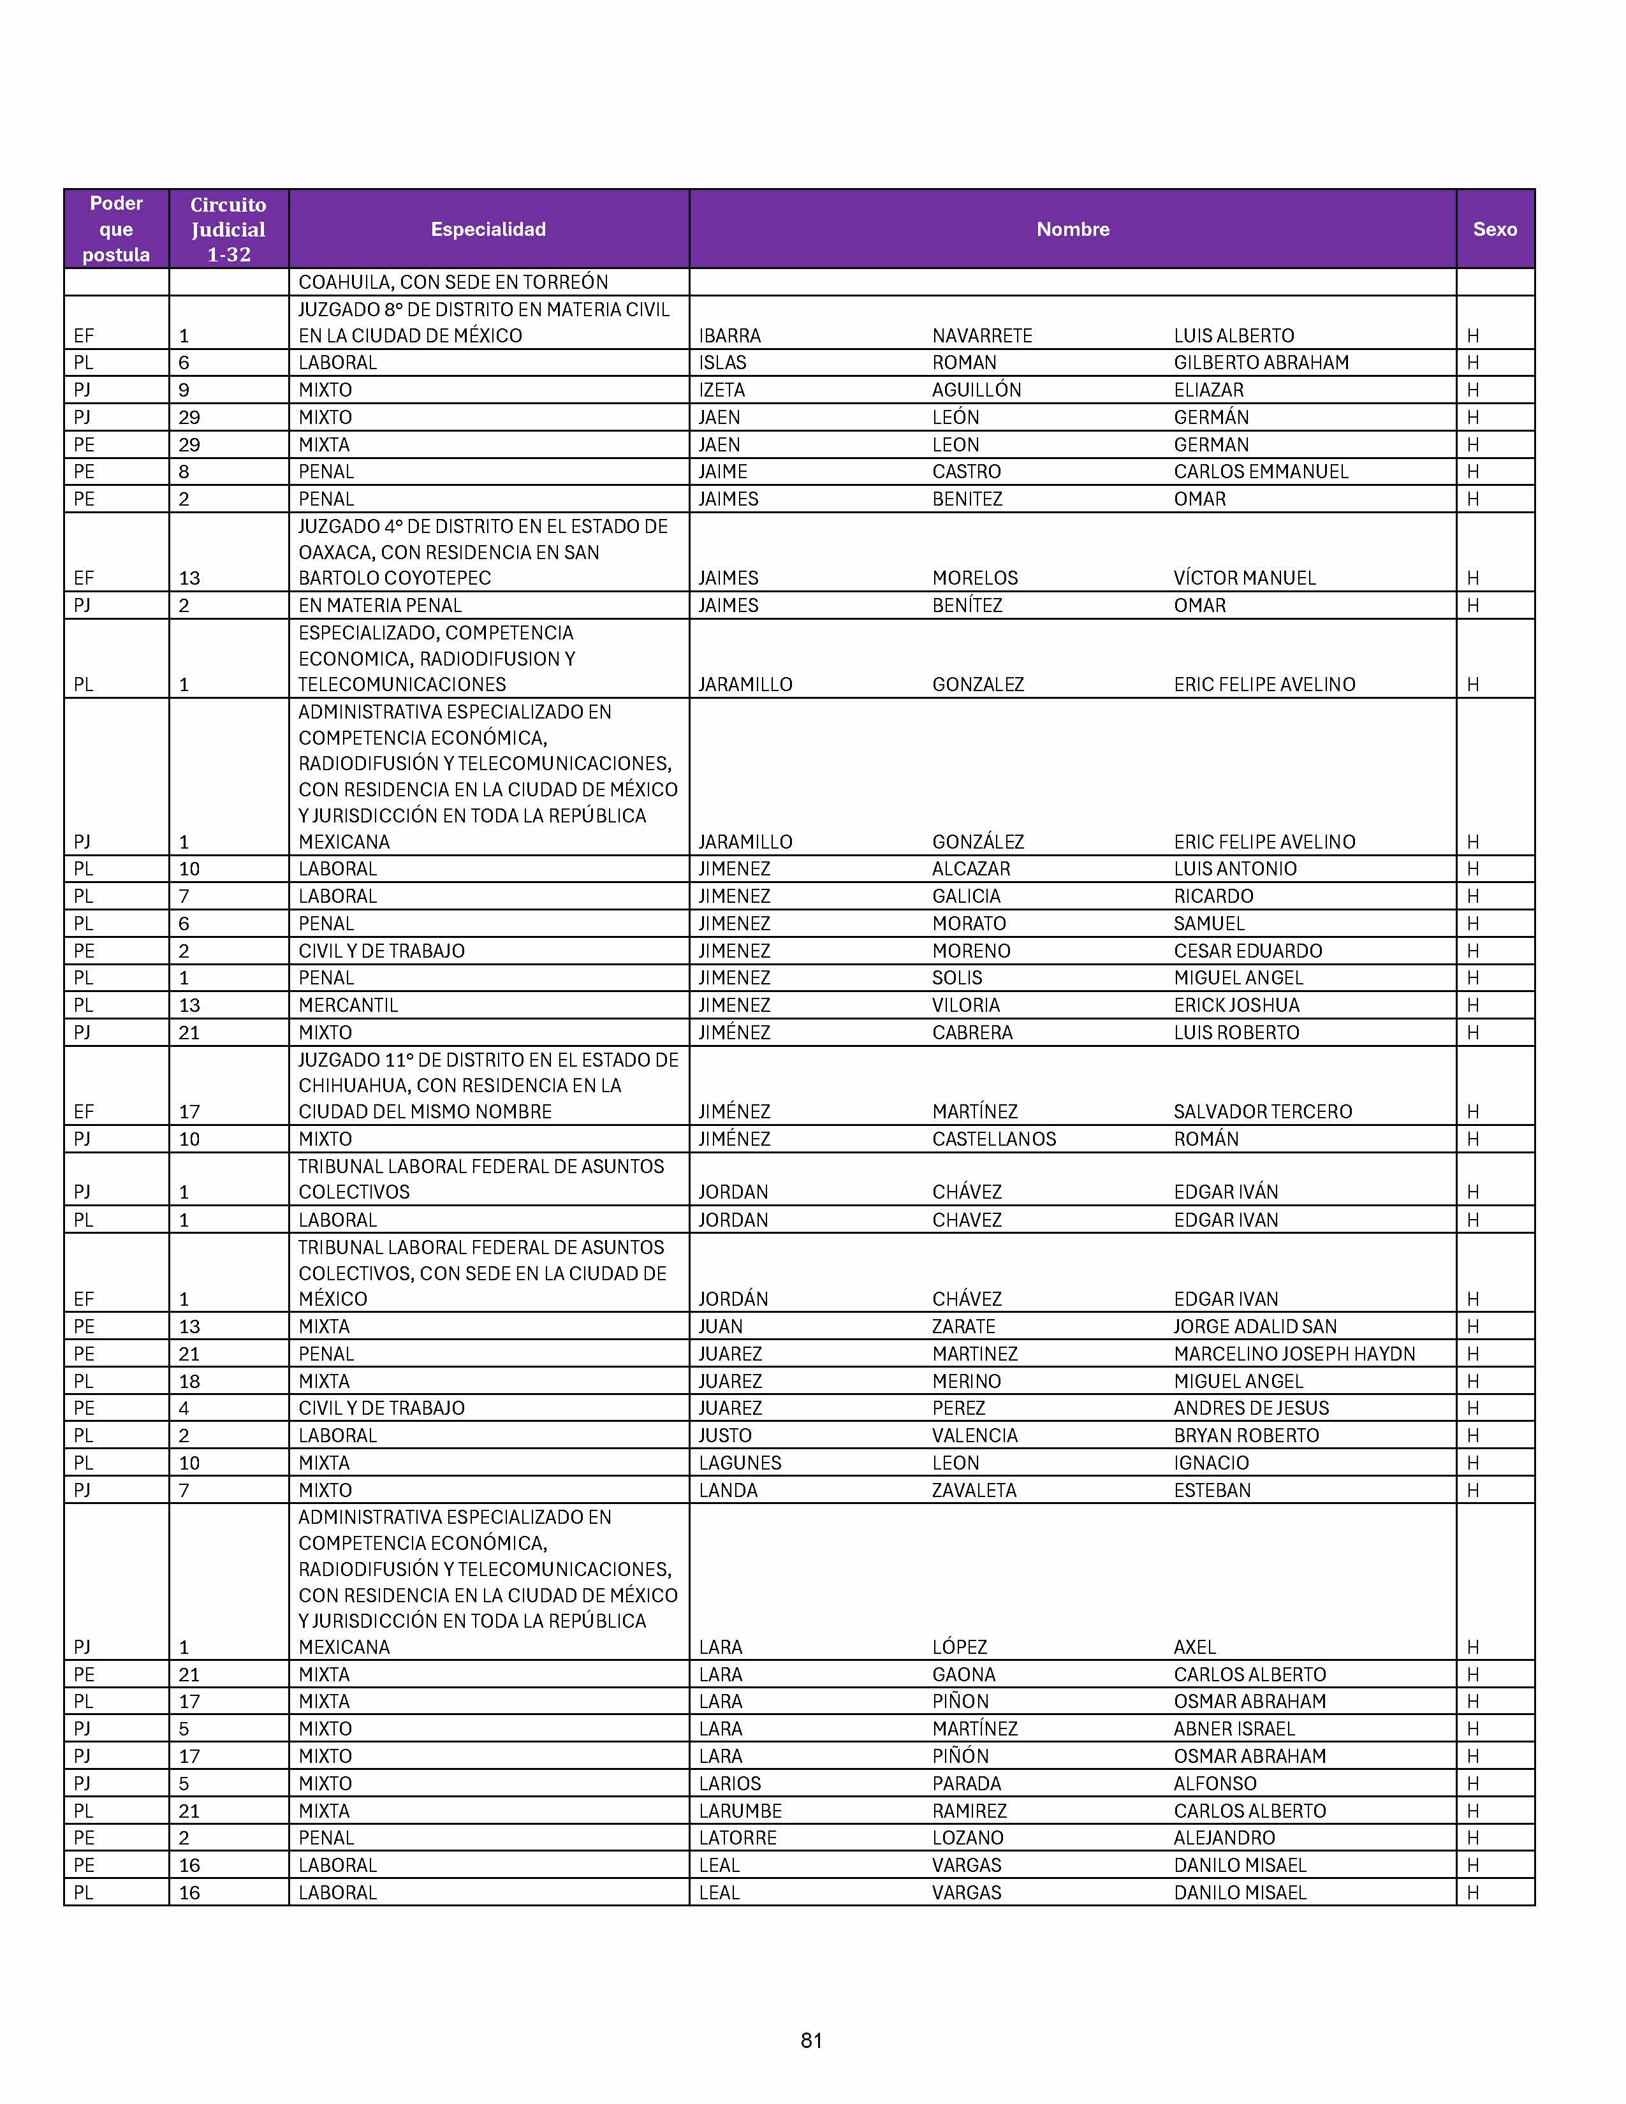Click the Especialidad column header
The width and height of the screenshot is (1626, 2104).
point(488,230)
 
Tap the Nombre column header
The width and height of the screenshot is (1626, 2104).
point(1072,230)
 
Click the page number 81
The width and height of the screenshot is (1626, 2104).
point(811,2040)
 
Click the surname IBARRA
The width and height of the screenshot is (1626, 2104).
point(729,336)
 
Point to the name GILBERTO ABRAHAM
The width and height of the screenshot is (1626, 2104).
point(1261,363)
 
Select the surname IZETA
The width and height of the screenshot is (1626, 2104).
point(721,390)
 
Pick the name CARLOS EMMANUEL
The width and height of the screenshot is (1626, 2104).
point(1261,472)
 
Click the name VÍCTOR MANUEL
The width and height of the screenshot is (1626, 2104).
point(1245,578)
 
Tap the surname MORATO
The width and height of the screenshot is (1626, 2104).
point(969,924)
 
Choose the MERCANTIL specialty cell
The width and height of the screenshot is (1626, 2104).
point(348,1005)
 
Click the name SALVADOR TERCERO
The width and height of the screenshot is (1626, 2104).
point(1263,1112)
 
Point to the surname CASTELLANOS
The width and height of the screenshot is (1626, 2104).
point(994,1140)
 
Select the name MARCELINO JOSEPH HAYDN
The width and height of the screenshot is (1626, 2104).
point(1294,1354)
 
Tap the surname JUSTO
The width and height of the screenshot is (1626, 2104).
point(724,1435)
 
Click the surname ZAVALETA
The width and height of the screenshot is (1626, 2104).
point(974,1491)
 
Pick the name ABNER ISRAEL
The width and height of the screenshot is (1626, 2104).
point(1234,1729)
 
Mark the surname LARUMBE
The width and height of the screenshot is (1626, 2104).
point(740,1811)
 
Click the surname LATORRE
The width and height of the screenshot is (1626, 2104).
point(737,1838)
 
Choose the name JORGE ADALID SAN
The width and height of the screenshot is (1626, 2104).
point(1255,1327)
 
